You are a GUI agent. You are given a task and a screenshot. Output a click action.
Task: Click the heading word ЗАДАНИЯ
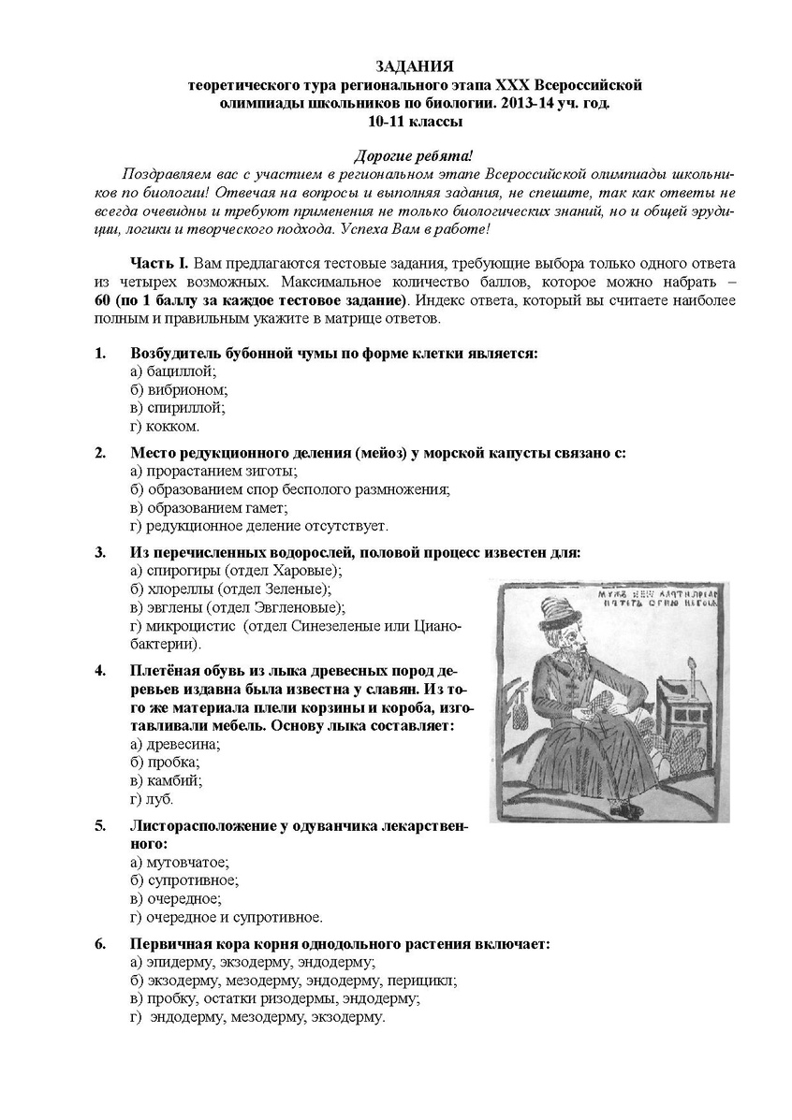(x=415, y=66)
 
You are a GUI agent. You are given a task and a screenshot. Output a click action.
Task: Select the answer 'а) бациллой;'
(x=173, y=371)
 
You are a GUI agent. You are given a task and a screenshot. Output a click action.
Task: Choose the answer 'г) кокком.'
(x=165, y=427)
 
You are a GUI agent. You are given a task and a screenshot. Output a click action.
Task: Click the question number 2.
(x=100, y=453)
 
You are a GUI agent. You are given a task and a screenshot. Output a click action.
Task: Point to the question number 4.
(x=100, y=671)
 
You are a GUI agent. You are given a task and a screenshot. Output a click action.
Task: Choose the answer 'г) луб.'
(x=153, y=799)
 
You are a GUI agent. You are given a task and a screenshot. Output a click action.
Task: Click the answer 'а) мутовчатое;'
(x=180, y=863)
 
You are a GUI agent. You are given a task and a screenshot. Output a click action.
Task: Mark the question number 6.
(x=100, y=944)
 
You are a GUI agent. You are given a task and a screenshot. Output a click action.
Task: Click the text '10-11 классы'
(x=415, y=122)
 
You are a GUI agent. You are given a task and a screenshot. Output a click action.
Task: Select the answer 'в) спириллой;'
(x=178, y=408)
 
